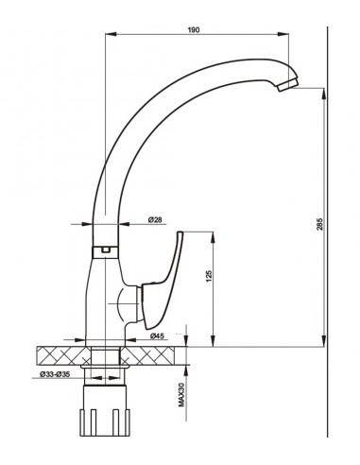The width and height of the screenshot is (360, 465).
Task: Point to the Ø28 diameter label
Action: (x=155, y=220)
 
